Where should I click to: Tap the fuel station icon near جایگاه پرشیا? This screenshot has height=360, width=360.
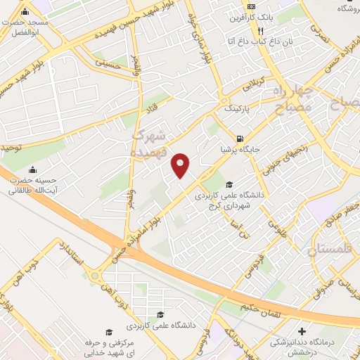click(241, 138)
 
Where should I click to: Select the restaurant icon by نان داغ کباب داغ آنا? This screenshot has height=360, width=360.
click(260, 31)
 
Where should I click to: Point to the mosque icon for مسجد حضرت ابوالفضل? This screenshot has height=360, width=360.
click(25, 13)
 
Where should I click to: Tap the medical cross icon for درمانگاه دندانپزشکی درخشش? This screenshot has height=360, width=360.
click(302, 331)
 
